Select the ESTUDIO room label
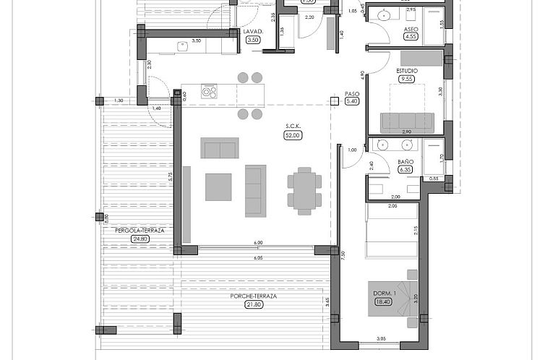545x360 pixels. pos(407,71)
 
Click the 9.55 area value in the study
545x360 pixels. pos(407,80)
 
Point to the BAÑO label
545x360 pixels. pos(405,162)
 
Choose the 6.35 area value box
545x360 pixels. pos(405,170)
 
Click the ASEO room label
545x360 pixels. pos(411,30)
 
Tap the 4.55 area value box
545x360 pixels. pos(411,37)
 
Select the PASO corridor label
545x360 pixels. pos(352,93)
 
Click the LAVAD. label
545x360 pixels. pos(252,32)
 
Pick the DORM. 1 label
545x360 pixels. pos(382,293)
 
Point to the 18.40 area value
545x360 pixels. pos(382,301)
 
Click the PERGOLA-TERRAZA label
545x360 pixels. pos(140,231)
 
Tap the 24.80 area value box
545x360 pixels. pos(140,239)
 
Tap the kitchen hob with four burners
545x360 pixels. pos(209,92)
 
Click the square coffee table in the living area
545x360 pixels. pos(218,187)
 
